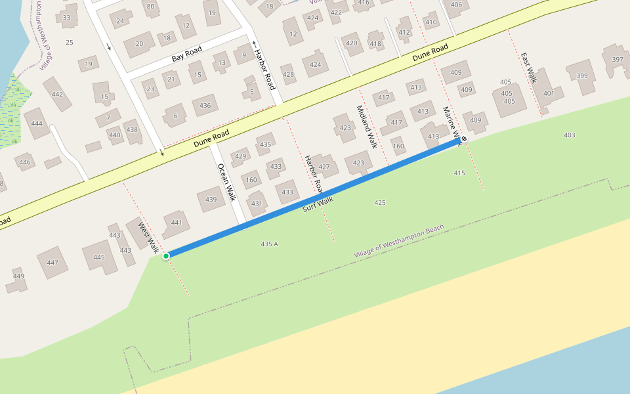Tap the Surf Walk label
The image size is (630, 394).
pos(318,204)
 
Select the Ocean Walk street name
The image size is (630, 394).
pos(226,182)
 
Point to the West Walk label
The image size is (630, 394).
pos(148,237)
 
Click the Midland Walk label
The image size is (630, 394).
pos(367,127)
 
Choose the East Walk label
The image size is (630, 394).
pos(529,68)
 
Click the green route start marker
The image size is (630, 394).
pos(166,255)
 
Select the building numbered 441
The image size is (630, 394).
pos(177,223)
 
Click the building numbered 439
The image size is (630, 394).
pos(211,200)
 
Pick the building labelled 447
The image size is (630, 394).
pos(52,263)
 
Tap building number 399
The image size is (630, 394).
pos(581,76)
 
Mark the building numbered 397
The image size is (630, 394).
pos(617,60)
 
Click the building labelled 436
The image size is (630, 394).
pos(205,106)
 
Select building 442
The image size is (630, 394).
pos(58,95)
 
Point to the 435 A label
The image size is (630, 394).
pos(269,244)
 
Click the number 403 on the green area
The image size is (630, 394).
pos(569,135)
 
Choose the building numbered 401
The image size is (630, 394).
pos(549,93)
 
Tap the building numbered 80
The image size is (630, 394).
pos(150,7)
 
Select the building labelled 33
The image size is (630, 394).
pos(66,18)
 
